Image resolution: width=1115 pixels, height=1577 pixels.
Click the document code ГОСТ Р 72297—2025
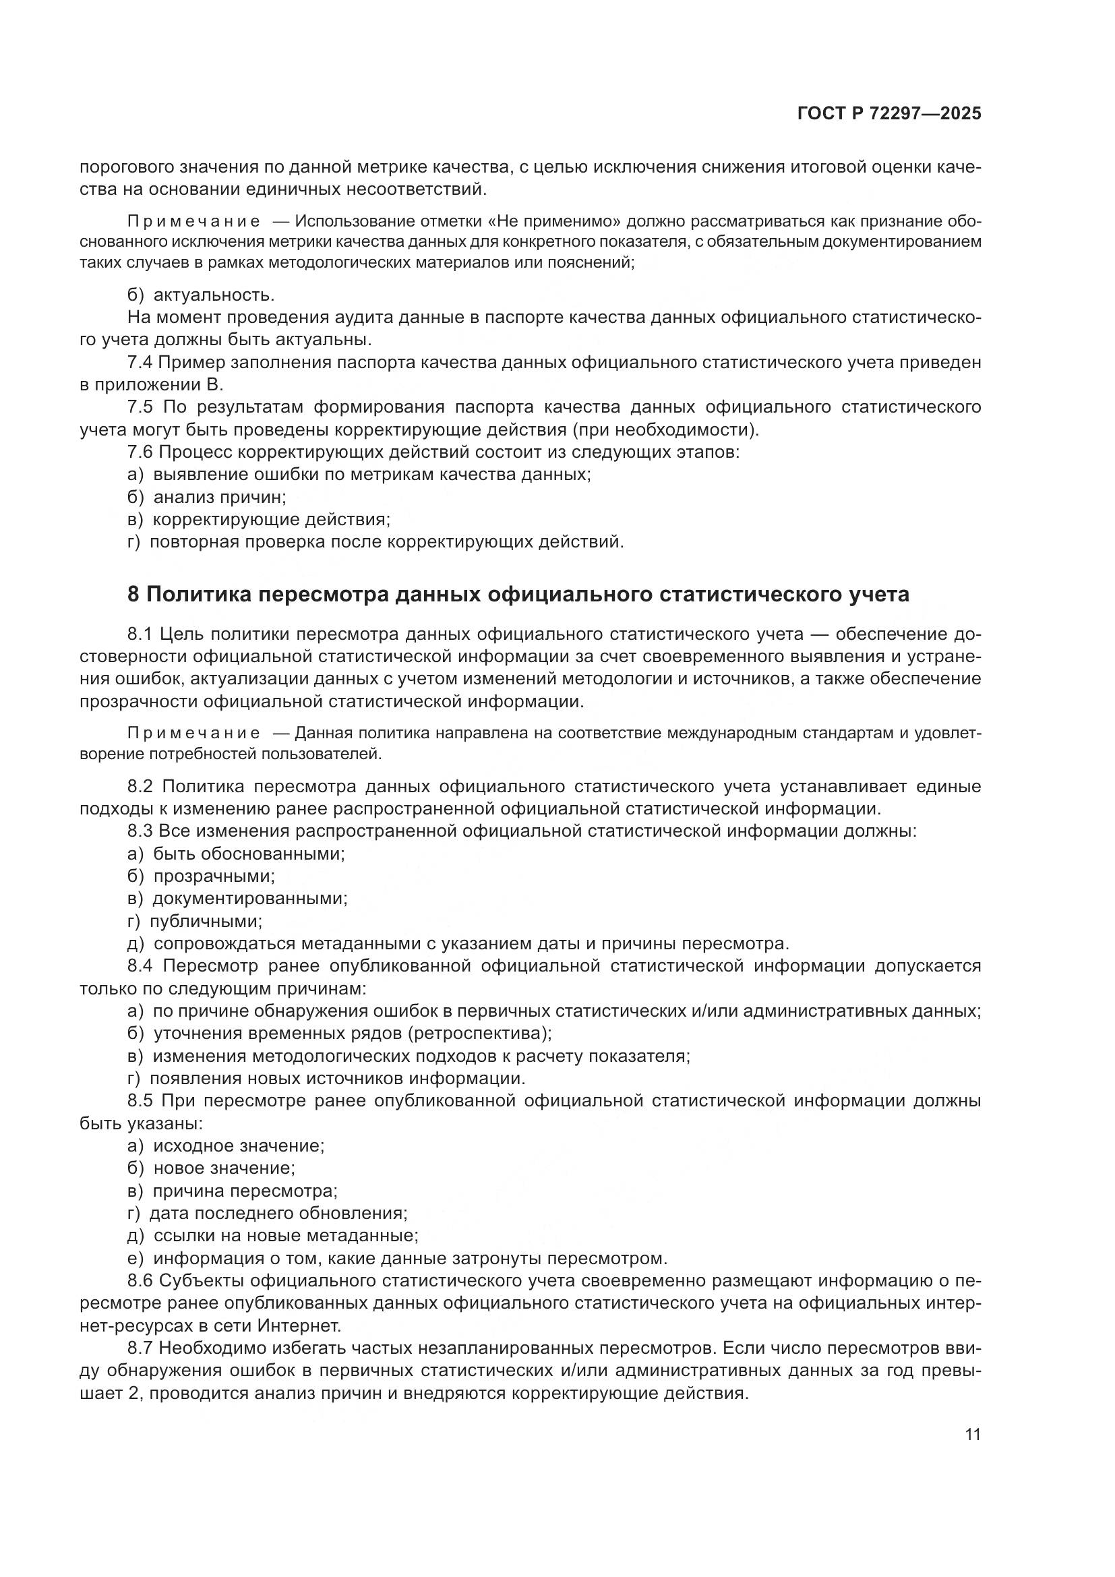(x=889, y=114)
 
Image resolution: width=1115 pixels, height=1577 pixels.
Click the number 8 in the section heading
(x=134, y=594)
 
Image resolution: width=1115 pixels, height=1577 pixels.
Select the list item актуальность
(x=214, y=295)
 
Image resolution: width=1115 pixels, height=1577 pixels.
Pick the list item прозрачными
(x=214, y=876)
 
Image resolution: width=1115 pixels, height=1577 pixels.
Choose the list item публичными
(x=206, y=921)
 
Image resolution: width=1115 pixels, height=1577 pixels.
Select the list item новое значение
(x=224, y=1168)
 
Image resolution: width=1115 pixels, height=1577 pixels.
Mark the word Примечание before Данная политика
(x=193, y=734)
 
